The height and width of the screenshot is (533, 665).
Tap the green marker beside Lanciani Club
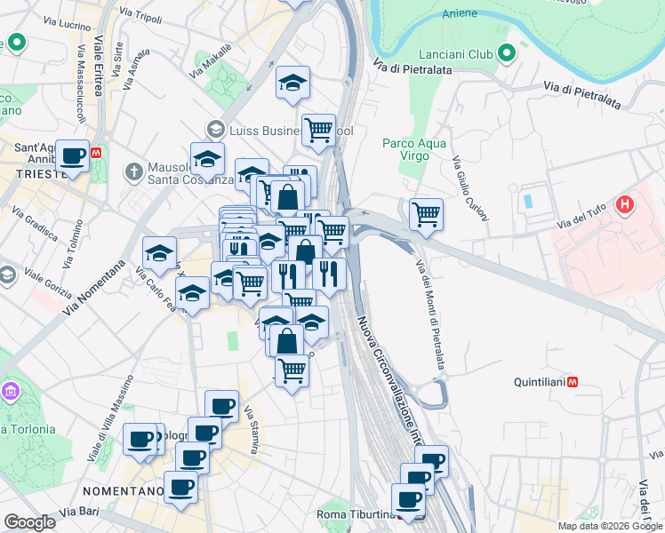pyautogui.click(x=507, y=55)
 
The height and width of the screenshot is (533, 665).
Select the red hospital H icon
pyautogui.click(x=625, y=205)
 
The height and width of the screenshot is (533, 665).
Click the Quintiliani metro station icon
pyautogui.click(x=575, y=383)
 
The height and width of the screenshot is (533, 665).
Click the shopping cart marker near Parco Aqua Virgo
pyautogui.click(x=426, y=214)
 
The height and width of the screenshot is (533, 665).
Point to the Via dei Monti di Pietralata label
pyautogui.click(x=430, y=311)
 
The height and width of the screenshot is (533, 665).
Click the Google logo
pyautogui.click(x=29, y=522)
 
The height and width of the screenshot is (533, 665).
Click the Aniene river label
pyautogui.click(x=460, y=13)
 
